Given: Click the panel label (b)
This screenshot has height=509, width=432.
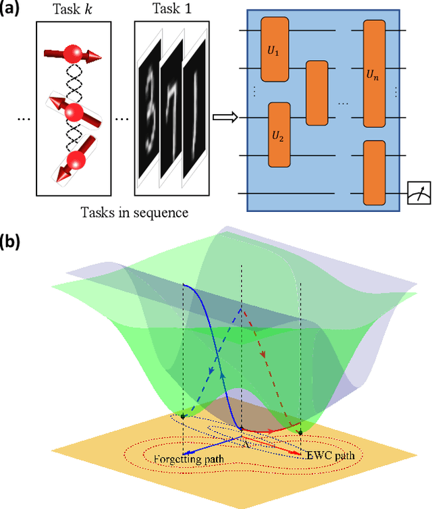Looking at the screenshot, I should [x=13, y=240].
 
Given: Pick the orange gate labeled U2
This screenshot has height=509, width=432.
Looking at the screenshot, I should [x=279, y=135].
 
